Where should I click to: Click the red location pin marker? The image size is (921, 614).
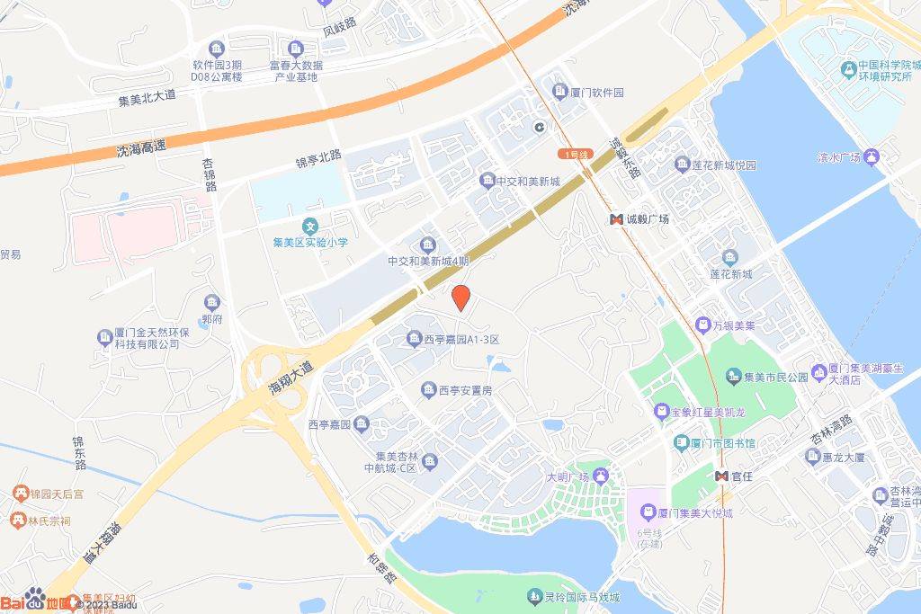460,298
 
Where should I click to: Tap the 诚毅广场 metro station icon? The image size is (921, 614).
617,219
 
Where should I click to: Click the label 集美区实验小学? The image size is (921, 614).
310,243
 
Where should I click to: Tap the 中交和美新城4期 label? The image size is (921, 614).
428,262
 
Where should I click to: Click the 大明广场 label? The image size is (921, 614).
567,476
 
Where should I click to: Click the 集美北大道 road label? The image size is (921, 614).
148,102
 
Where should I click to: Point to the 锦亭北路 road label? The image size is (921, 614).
319,159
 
